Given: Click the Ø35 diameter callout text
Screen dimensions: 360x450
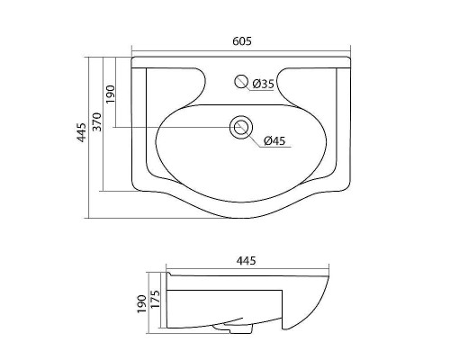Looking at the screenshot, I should (x=262, y=84).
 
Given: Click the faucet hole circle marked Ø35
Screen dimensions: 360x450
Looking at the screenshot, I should (x=240, y=81).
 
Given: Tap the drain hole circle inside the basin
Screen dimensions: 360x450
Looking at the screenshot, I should (x=240, y=127).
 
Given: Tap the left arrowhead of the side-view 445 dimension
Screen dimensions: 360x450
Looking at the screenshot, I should (x=169, y=270).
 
